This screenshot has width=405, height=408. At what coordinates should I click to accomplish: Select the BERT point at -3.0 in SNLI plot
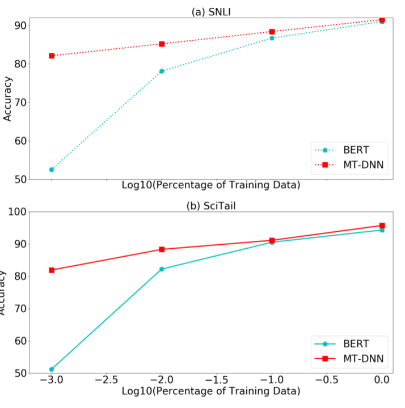pyautogui.click(x=52, y=169)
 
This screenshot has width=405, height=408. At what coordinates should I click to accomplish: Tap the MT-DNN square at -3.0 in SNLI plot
pyautogui.click(x=52, y=56)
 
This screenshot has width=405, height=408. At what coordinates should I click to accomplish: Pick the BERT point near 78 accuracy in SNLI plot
pyautogui.click(x=162, y=71)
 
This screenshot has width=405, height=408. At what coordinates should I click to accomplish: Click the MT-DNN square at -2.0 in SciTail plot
pyautogui.click(x=162, y=249)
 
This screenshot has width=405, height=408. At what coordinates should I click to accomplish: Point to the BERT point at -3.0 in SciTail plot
pyautogui.click(x=52, y=369)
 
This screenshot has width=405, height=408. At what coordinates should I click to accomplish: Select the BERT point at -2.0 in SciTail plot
pyautogui.click(x=162, y=269)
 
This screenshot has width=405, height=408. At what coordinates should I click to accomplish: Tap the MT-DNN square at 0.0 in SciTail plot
pyautogui.click(x=382, y=226)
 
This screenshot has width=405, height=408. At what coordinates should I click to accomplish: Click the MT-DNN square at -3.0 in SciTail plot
pyautogui.click(x=52, y=270)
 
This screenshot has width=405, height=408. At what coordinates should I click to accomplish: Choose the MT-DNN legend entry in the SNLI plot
pyautogui.click(x=352, y=165)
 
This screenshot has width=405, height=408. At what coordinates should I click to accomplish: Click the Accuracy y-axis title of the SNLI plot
pyautogui.click(x=7, y=103)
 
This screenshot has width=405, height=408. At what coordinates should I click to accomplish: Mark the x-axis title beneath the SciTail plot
pyautogui.click(x=210, y=391)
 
